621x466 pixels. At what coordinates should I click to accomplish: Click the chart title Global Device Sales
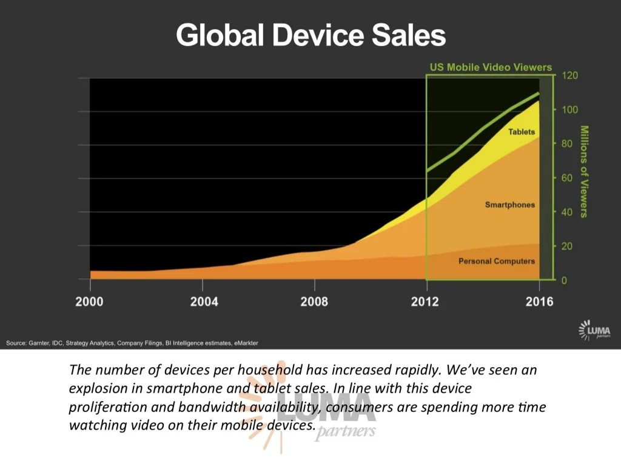point(310,35)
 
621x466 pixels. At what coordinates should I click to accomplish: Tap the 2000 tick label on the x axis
point(89,302)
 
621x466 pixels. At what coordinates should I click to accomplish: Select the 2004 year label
point(204,302)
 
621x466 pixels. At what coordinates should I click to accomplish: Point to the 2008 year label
point(314,302)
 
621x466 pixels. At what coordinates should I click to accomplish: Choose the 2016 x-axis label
point(539,302)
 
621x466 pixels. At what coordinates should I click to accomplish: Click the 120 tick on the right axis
point(570,75)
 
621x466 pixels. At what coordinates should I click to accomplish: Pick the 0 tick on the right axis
point(564,280)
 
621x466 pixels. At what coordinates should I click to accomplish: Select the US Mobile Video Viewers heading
point(491,67)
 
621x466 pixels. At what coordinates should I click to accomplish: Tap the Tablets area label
point(522,132)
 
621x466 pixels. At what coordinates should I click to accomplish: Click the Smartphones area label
point(510,205)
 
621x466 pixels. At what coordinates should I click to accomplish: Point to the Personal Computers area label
point(497,261)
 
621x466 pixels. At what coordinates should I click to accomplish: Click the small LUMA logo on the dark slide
point(594,329)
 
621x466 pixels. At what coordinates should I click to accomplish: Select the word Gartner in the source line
point(40,343)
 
